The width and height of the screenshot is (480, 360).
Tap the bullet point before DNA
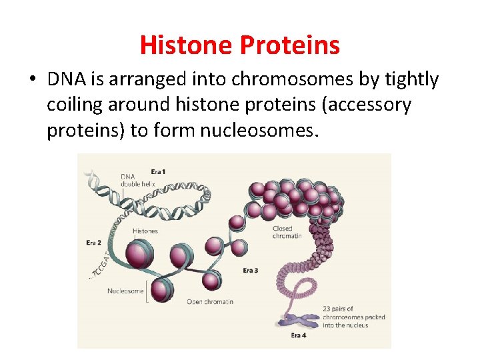[32, 80]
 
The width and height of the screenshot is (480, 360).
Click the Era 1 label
[159, 172]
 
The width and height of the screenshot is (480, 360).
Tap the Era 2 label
[94, 241]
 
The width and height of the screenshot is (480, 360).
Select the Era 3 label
[251, 270]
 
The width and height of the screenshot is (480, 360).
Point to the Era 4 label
[298, 335]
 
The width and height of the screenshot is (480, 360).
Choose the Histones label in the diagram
[145, 231]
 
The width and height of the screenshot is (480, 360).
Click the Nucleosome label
[125, 291]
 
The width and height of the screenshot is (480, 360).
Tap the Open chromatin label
[210, 302]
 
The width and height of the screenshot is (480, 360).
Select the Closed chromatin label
[287, 232]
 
